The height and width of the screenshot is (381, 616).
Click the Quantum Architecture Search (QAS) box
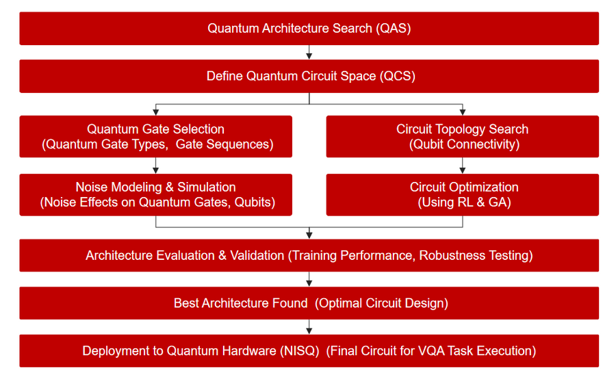coord(309,28)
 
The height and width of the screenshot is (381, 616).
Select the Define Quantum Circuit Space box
coord(309,76)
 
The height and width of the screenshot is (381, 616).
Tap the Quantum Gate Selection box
coord(156,136)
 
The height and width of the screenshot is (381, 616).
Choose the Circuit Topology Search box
coord(463,136)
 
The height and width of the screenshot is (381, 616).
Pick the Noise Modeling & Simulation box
coord(156,195)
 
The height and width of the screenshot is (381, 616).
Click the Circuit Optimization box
coord(463,195)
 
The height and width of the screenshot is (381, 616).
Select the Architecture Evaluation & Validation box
coord(309,255)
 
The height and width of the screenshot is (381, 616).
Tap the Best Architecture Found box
coord(309,303)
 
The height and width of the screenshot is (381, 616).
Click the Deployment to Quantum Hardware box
coord(309,351)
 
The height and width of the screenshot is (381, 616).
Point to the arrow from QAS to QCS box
coord(309,52)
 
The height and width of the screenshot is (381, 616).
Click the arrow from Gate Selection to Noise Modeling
coord(156,166)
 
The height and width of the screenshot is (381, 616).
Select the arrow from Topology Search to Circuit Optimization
coord(463,166)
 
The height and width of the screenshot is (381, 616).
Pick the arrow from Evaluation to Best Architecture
coord(309,279)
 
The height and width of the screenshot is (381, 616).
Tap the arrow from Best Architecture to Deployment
coord(309,327)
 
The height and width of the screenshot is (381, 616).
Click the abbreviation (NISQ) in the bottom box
coord(299,351)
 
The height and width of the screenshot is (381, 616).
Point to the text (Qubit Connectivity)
coord(464,144)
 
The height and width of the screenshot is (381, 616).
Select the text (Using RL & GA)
coord(464,202)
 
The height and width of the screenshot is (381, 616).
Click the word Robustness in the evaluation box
coord(452,255)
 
